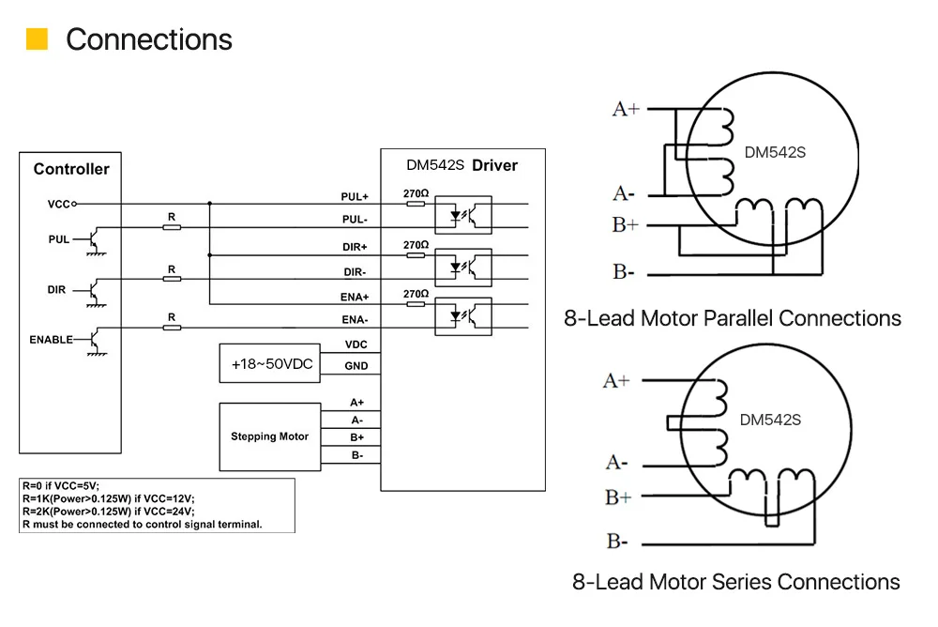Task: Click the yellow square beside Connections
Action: [x=38, y=38]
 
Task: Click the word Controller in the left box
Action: [x=71, y=169]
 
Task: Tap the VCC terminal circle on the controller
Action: [x=74, y=205]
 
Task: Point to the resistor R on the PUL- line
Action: [x=172, y=227]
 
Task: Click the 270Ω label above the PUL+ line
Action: [x=416, y=193]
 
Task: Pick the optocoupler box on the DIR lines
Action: [x=463, y=268]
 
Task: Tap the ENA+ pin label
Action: [x=355, y=297]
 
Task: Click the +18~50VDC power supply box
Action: [x=270, y=363]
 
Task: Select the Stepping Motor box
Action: [x=270, y=436]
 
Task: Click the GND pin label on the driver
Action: [x=356, y=366]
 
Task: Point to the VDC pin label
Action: [x=356, y=344]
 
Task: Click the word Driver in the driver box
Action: [x=494, y=165]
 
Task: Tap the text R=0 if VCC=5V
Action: [x=61, y=485]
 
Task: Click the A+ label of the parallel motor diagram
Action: [x=626, y=109]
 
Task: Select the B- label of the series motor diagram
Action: [x=617, y=542]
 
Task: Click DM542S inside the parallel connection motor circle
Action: [x=775, y=153]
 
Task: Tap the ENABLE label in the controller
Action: [x=51, y=340]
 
